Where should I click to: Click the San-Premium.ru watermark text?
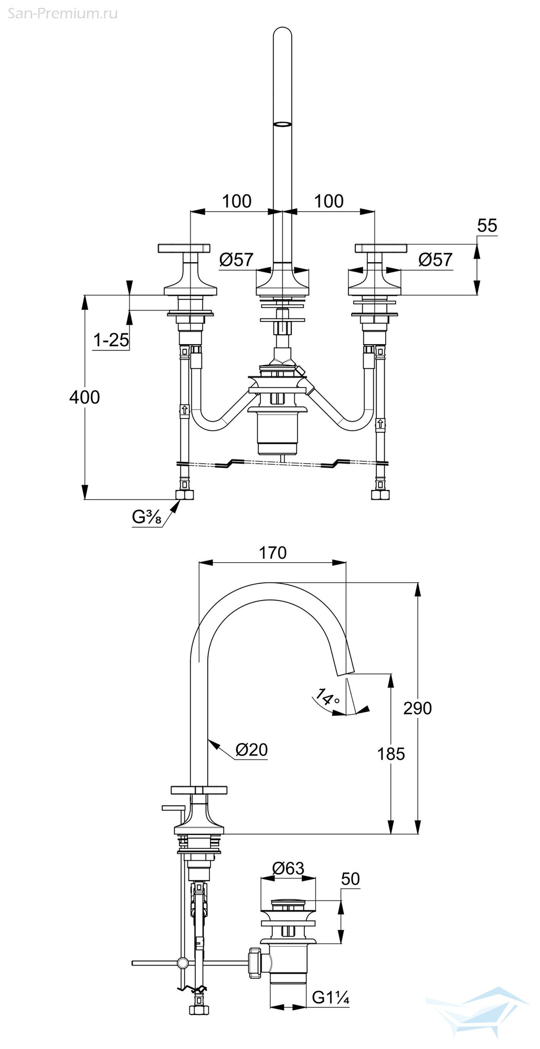[x=62, y=13]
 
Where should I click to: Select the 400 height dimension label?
[x=84, y=397]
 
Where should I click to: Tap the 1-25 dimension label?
[x=111, y=340]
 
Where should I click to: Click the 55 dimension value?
[x=487, y=226]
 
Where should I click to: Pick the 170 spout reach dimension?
[x=272, y=553]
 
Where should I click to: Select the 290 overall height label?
[x=418, y=708]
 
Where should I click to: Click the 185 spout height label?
[x=391, y=754]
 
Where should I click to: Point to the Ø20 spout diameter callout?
[x=251, y=750]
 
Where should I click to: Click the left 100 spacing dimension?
[x=237, y=201]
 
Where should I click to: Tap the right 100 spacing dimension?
[x=329, y=201]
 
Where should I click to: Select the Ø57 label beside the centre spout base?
[x=236, y=259]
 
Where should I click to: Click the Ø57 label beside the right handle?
[x=436, y=259]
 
